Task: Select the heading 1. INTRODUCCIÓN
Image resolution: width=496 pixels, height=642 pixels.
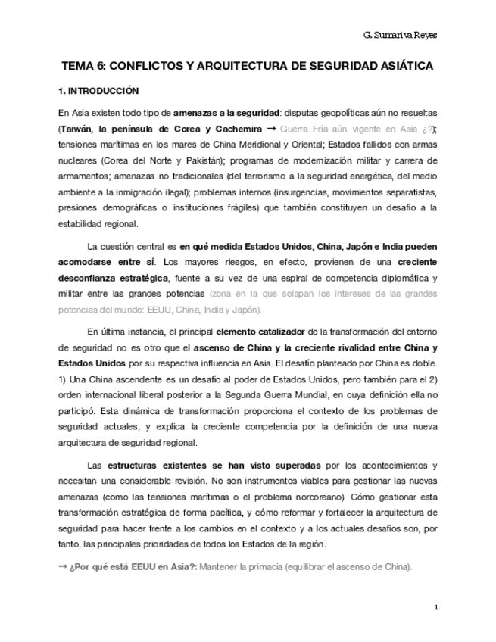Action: pyautogui.click(x=98, y=90)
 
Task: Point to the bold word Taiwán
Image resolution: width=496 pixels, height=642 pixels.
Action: pyautogui.click(x=80, y=129)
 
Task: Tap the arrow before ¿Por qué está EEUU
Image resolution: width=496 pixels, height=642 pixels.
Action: pyautogui.click(x=63, y=567)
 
